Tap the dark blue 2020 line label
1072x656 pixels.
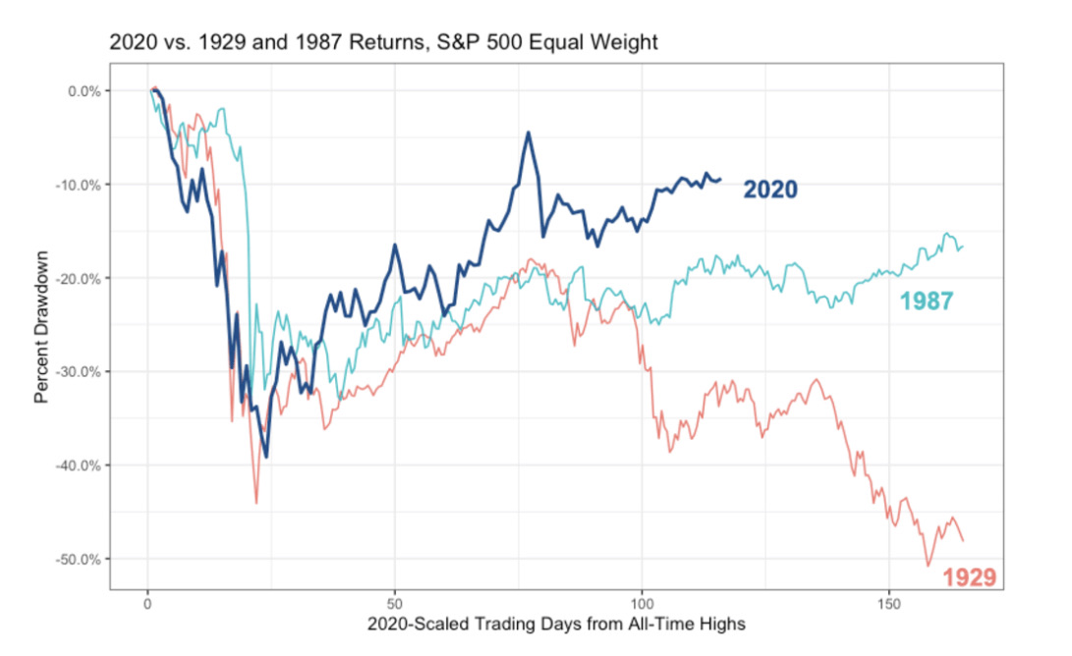(x=769, y=190)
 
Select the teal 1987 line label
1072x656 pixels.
(x=927, y=301)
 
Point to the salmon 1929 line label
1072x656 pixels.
(x=969, y=577)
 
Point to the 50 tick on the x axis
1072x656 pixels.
(x=394, y=602)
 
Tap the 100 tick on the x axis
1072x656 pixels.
(x=642, y=602)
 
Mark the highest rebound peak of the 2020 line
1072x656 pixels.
(x=529, y=132)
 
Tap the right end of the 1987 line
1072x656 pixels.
(x=963, y=246)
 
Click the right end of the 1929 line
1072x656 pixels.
(x=963, y=540)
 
